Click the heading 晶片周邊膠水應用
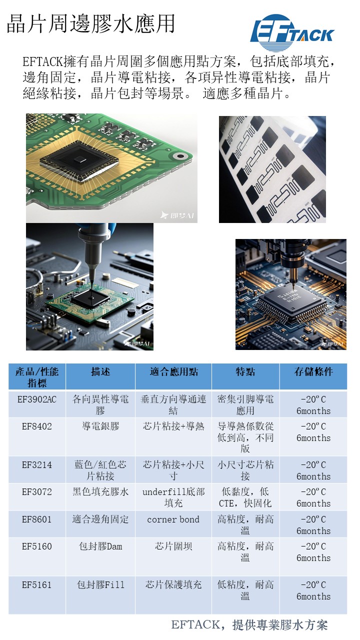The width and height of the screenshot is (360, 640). point(90,24)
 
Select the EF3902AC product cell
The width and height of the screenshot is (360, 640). point(37,399)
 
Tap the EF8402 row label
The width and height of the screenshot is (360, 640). point(37,426)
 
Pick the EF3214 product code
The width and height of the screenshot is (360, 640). point(37,465)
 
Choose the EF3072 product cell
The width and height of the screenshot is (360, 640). point(37,491)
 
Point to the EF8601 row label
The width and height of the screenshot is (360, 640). point(37,519)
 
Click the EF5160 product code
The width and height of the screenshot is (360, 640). point(37,546)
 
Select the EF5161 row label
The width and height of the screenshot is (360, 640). point(37,585)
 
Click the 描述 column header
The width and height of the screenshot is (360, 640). point(100,371)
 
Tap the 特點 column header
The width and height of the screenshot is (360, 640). point(245,371)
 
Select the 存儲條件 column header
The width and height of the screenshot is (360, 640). point(313,371)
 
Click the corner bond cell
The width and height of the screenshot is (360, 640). point(173,519)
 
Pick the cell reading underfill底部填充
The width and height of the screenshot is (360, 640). point(173,497)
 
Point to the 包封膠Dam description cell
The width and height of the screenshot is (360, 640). point(100,546)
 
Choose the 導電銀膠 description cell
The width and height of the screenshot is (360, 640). point(100,426)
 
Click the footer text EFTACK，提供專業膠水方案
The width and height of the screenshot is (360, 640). point(249,625)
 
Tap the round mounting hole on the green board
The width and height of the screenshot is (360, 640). point(180,156)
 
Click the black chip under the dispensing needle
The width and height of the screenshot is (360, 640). point(90,298)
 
